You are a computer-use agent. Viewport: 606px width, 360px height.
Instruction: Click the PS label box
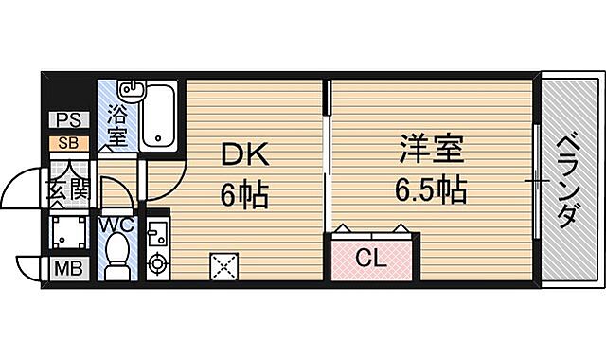68,120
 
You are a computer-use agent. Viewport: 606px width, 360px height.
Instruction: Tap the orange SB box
68,142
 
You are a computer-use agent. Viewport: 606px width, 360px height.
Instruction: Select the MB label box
67,267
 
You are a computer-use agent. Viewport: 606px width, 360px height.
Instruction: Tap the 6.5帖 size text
430,190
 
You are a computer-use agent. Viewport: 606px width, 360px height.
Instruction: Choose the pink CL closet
373,257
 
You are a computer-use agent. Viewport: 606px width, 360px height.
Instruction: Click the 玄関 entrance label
68,190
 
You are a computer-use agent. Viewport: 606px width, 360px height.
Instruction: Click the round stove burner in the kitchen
156,261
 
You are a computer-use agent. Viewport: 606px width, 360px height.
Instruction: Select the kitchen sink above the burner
155,229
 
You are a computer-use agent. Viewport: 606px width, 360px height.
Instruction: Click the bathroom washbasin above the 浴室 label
130,92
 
